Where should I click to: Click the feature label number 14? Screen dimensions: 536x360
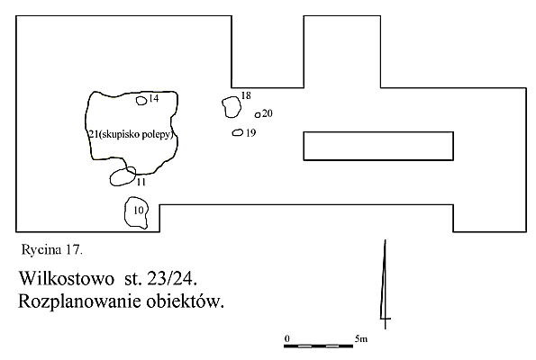tap(154, 98)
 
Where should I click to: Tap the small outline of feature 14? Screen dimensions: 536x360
tap(137, 101)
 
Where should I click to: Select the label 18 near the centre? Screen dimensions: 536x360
tap(246, 95)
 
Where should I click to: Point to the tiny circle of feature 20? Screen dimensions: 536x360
tap(255, 115)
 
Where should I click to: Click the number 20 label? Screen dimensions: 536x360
tap(268, 113)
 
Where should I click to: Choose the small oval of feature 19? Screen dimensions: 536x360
tap(232, 132)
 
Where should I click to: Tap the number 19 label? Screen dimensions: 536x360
tap(251, 133)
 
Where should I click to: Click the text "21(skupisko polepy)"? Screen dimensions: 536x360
tap(131, 134)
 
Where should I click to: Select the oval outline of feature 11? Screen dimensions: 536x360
tap(111, 178)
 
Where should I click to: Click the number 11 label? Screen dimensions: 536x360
tap(141, 182)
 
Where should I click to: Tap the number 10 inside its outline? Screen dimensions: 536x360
tap(139, 210)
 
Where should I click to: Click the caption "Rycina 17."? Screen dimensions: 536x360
tap(52, 250)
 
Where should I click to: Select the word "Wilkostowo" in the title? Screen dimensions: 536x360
tap(67, 278)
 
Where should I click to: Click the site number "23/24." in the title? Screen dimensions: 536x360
tap(172, 279)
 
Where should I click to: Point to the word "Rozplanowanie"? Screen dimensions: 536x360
tap(80, 301)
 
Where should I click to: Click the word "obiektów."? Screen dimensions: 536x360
tap(186, 301)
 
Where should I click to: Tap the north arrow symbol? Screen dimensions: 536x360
tap(386, 284)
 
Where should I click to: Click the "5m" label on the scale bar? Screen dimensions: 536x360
tap(361, 338)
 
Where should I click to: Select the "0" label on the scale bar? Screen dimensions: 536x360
tap(286, 338)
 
